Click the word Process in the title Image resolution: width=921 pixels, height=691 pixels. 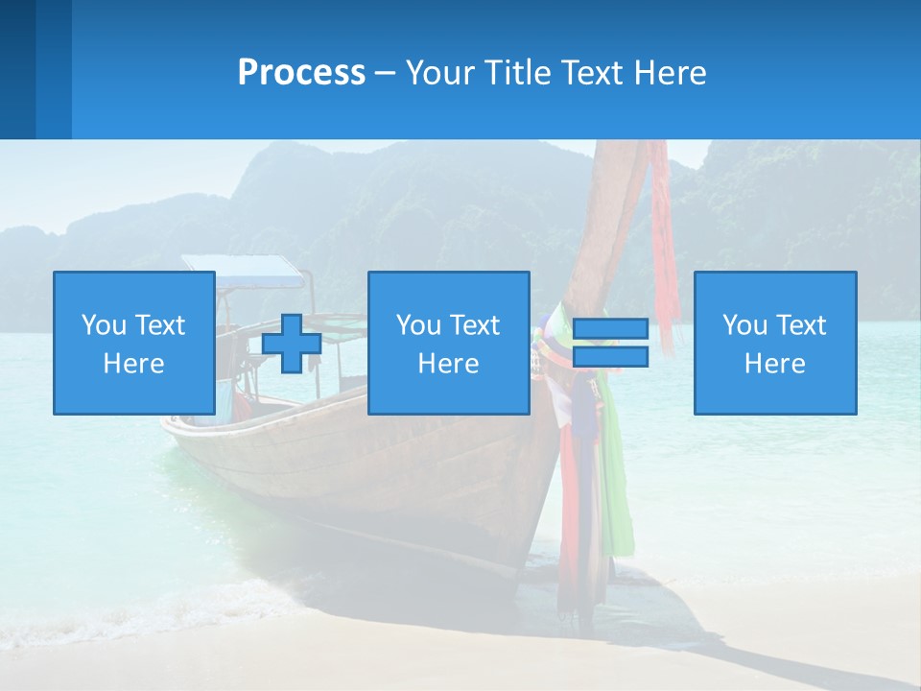pyautogui.click(x=301, y=73)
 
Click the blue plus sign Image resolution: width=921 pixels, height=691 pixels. pyautogui.click(x=292, y=344)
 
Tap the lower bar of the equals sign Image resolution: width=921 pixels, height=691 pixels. pyautogui.click(x=610, y=357)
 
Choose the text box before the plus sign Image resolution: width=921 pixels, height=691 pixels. pyautogui.click(x=133, y=343)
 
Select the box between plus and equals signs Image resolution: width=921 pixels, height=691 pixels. pyautogui.click(x=448, y=343)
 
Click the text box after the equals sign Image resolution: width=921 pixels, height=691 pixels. pyautogui.click(x=774, y=343)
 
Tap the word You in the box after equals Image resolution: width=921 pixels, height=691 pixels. pyautogui.click(x=744, y=325)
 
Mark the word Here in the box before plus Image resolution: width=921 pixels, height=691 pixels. pyautogui.click(x=133, y=364)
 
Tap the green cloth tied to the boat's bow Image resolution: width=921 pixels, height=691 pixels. pyautogui.click(x=620, y=499)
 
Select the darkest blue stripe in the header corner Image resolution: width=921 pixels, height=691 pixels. pyautogui.click(x=17, y=69)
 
